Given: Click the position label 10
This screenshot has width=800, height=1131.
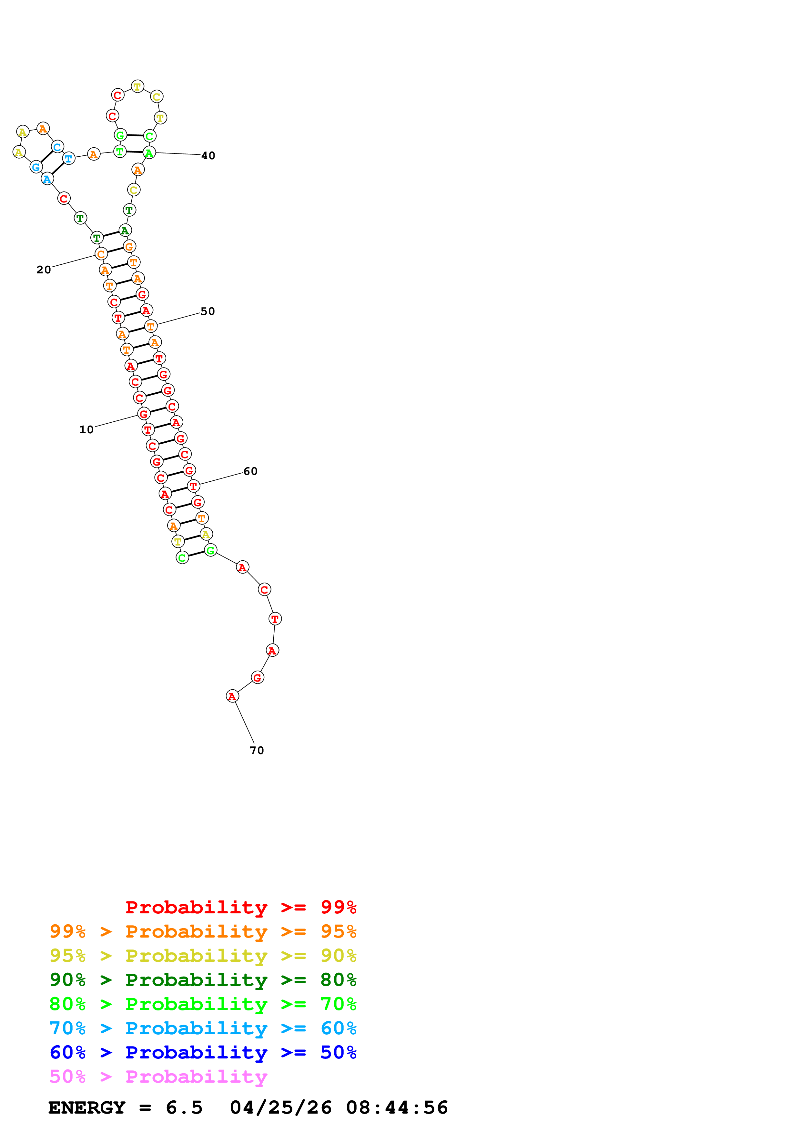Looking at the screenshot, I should (x=86, y=429).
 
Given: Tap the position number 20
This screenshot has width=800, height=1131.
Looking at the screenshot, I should (x=43, y=270).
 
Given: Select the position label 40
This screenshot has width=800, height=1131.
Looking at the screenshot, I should (x=208, y=156).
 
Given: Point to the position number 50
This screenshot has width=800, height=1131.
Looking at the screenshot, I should (x=208, y=311).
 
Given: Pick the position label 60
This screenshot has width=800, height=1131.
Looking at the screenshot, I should (x=250, y=471).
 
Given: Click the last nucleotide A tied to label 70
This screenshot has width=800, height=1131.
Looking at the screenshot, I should (x=232, y=696).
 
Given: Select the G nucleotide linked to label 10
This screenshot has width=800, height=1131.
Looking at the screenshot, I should (x=143, y=414).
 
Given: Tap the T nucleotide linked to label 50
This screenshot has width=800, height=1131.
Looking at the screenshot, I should (x=151, y=326).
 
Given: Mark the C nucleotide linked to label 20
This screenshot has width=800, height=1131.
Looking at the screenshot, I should (x=101, y=254).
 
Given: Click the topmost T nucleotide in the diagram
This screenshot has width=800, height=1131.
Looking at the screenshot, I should (x=137, y=87).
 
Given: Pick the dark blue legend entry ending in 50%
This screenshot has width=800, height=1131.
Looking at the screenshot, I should (x=203, y=1052).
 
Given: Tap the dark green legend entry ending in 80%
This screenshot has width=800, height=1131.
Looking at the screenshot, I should (x=203, y=980).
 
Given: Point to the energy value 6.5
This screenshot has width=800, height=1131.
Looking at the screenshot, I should (x=184, y=1108).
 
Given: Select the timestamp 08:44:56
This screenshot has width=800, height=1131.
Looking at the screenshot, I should (x=397, y=1108).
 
